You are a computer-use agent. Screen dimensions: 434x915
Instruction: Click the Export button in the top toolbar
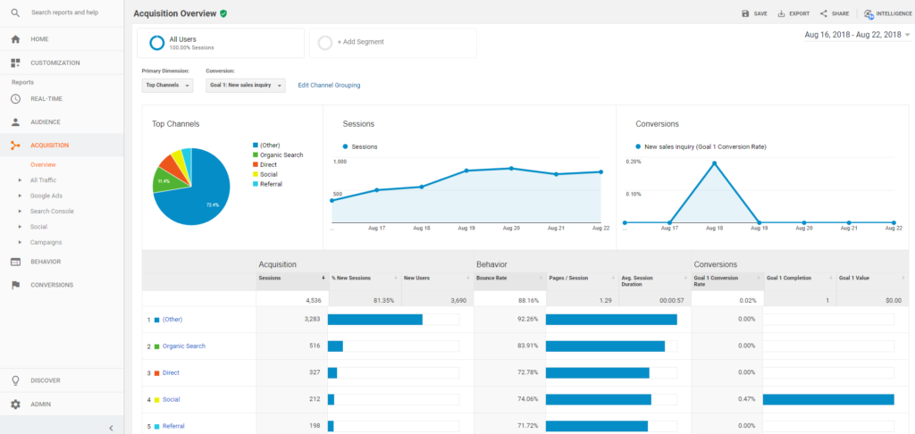(x=793, y=13)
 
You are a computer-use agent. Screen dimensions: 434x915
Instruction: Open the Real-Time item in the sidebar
(x=46, y=98)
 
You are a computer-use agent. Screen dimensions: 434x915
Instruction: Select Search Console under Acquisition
(x=52, y=211)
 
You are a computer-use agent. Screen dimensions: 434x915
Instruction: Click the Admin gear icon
(x=15, y=404)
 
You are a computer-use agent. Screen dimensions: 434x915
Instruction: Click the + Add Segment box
(x=393, y=42)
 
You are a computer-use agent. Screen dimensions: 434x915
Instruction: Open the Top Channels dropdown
(x=167, y=86)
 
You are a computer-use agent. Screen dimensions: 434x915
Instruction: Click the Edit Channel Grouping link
(x=329, y=86)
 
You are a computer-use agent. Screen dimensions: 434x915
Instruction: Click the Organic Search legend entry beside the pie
(x=281, y=154)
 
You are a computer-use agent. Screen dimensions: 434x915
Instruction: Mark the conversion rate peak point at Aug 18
(x=714, y=163)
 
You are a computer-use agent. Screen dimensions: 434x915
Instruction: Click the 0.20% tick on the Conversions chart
(x=634, y=162)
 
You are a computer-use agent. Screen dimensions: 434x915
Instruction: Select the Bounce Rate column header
(x=493, y=279)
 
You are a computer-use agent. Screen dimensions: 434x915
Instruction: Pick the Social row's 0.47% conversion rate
(x=745, y=399)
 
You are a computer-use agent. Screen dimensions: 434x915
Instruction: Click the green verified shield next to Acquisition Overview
(x=223, y=13)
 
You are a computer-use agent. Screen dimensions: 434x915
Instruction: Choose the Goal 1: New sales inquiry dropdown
(x=245, y=86)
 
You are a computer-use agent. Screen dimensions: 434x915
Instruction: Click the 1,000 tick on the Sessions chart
(x=340, y=162)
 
